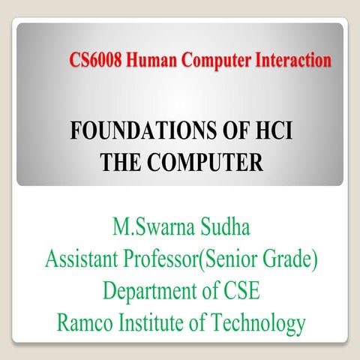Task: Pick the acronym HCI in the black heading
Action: click(269, 134)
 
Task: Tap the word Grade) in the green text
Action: click(289, 259)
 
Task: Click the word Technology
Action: click(260, 325)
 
